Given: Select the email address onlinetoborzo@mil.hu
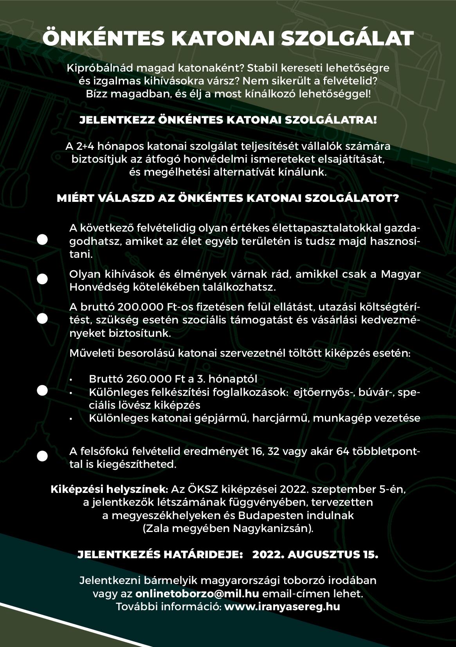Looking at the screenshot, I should [197, 593].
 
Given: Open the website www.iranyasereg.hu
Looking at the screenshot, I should [282, 607].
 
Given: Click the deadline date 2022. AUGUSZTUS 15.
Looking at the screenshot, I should [315, 554].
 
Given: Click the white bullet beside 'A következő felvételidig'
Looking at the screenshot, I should [42, 239].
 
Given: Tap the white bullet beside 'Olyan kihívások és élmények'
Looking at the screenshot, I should [42, 279].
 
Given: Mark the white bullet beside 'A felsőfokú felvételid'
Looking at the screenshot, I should [42, 456].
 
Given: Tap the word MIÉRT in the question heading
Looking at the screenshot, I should [73, 198].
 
